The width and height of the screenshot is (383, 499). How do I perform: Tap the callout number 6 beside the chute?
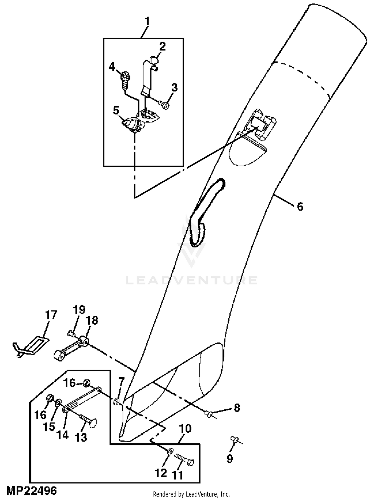coord(300,206)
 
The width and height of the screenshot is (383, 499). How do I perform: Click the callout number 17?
coord(51,315)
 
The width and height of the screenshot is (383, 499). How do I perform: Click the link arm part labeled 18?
coord(71,347)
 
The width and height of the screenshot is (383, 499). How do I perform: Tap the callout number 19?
coord(79,310)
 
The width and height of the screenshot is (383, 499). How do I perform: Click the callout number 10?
coord(185,429)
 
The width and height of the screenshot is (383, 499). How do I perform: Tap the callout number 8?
coord(237,408)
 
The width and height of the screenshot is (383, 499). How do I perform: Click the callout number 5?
coord(116,110)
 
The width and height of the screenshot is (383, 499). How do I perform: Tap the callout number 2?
coord(162,46)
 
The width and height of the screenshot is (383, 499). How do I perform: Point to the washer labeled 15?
coord(58,402)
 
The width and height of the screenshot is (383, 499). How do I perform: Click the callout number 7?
coord(121,382)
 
